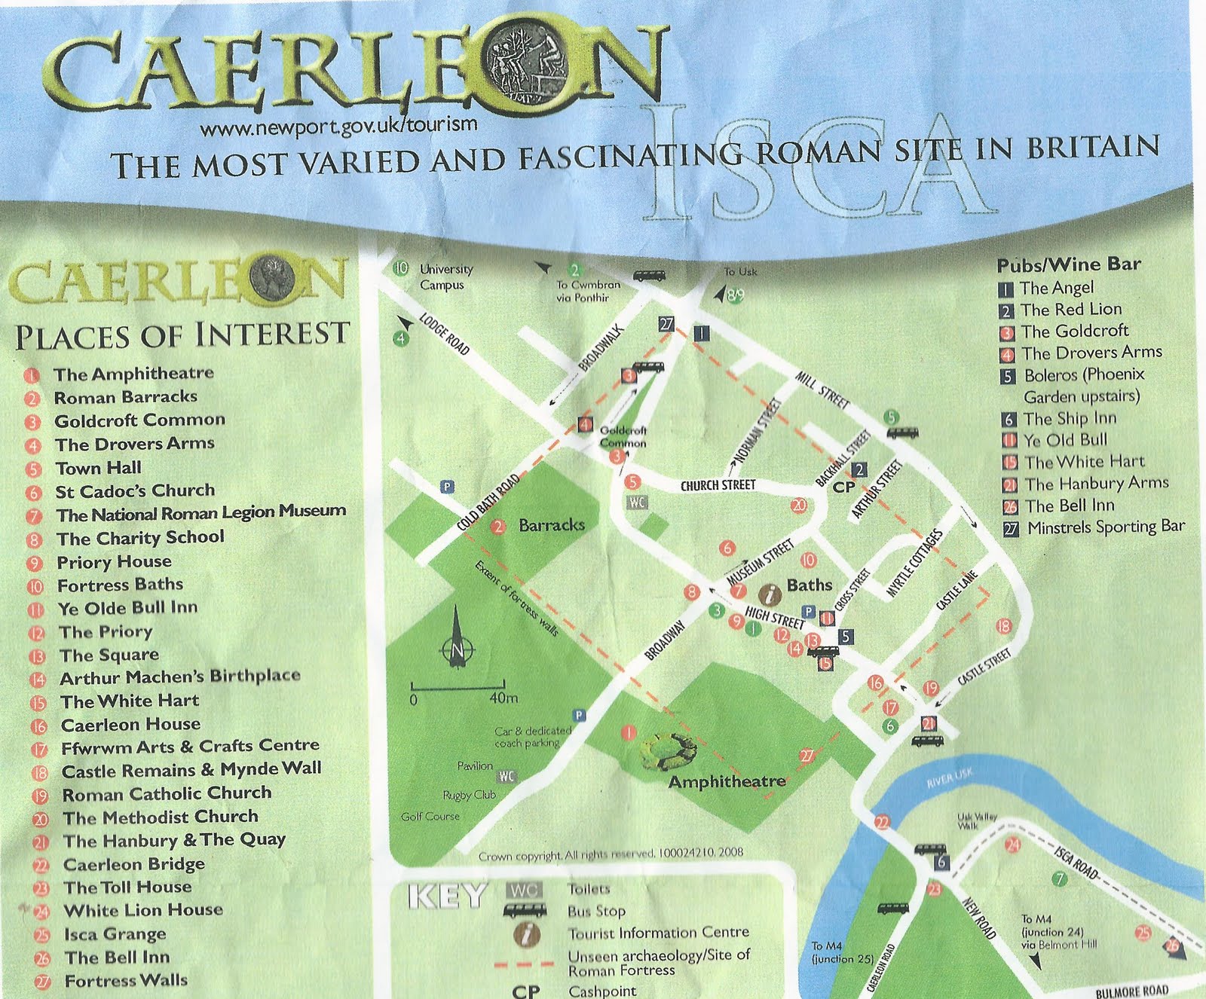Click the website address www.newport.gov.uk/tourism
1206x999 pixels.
(338, 126)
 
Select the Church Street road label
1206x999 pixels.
(718, 485)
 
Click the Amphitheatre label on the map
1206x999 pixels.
(727, 781)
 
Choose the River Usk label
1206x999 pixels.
(949, 778)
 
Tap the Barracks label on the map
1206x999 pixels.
(551, 525)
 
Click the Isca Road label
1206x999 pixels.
(1076, 863)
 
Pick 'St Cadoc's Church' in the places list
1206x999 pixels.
(135, 491)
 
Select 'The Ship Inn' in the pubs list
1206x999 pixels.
(1069, 419)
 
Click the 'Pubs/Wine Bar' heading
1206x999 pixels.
(1068, 264)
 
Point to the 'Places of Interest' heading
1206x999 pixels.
(182, 335)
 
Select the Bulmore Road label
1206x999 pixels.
(1131, 991)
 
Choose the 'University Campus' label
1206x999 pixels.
(445, 277)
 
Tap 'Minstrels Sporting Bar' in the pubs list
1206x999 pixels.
(1105, 527)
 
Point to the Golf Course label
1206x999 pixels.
(430, 816)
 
